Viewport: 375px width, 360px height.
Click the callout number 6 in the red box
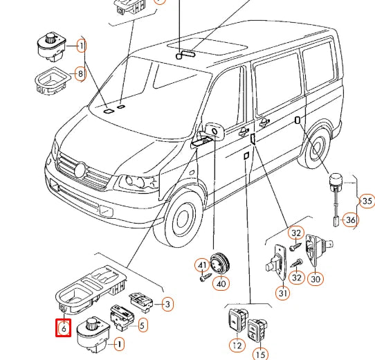(x=64, y=328)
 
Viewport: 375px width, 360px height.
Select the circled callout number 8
(x=80, y=73)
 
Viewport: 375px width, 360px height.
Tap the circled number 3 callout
(x=167, y=304)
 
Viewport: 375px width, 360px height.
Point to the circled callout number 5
(x=143, y=325)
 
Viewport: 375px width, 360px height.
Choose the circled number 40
(x=221, y=284)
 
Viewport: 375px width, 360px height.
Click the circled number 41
(x=202, y=265)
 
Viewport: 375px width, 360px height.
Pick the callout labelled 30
(x=315, y=279)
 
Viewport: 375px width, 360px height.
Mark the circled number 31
(x=283, y=293)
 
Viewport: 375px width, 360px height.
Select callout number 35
(x=367, y=201)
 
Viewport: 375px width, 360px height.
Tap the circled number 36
(x=351, y=219)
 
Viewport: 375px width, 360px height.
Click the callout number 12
(x=237, y=345)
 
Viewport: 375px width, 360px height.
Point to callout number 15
(x=260, y=354)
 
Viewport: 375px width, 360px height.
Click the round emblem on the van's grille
(x=80, y=170)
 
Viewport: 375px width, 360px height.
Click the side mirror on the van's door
(x=214, y=132)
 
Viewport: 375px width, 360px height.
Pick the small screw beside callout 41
(x=206, y=277)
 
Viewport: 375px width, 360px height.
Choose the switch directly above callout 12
(x=237, y=321)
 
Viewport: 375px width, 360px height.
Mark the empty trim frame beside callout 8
(x=53, y=81)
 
